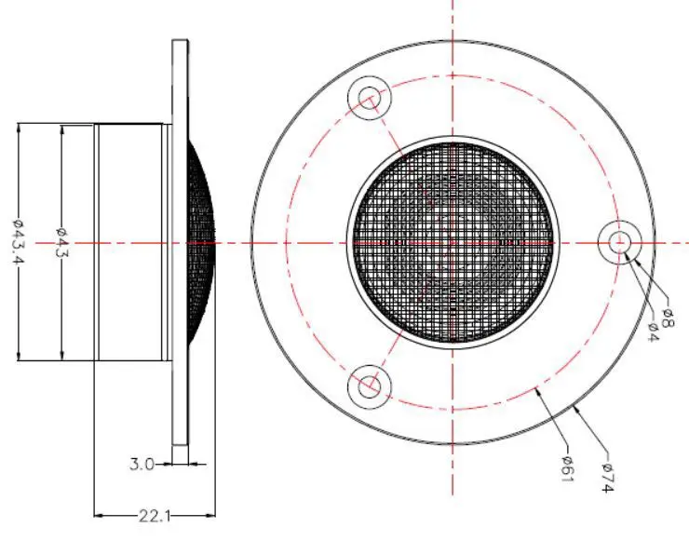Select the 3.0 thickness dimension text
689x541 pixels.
[x=143, y=463]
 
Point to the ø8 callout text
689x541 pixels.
[x=668, y=317]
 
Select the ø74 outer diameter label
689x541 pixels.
[x=605, y=475]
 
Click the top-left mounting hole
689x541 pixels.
[x=370, y=97]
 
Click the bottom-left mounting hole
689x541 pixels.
[x=370, y=385]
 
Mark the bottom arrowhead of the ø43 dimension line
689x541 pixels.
[x=61, y=358]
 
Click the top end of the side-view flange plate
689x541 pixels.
[x=180, y=42]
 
